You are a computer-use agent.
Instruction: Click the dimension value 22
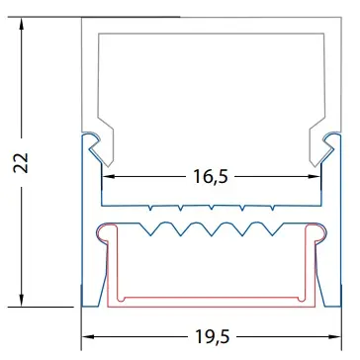(x=22, y=162)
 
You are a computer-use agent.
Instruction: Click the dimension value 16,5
(x=210, y=177)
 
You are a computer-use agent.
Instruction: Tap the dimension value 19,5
(x=212, y=337)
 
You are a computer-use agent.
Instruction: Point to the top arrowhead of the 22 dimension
(x=22, y=24)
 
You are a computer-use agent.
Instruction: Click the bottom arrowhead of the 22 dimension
(x=22, y=301)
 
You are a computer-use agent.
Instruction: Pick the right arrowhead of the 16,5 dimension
(x=315, y=176)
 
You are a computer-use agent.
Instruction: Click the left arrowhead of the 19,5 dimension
(x=88, y=337)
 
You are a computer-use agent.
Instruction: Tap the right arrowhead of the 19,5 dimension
(x=334, y=337)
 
